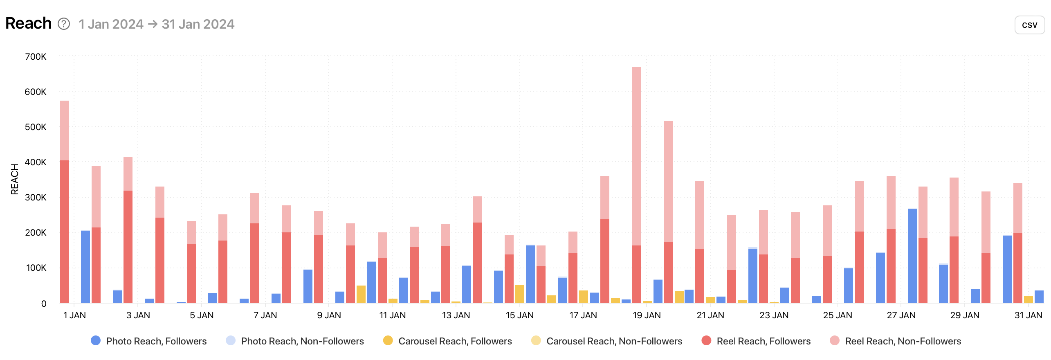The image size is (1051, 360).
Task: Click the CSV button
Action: (1029, 25)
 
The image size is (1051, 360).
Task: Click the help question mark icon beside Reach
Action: (64, 24)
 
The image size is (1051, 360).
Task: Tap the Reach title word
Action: (28, 23)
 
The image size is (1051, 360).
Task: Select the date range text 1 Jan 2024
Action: (111, 24)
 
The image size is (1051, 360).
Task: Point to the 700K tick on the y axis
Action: (36, 56)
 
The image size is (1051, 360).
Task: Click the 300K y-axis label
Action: (36, 197)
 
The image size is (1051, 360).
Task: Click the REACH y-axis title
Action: (15, 179)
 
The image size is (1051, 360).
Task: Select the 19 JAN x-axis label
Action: (647, 315)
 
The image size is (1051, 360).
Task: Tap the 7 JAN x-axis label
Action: (265, 315)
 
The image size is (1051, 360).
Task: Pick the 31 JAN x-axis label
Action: (1028, 315)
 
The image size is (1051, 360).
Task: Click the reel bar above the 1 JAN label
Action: (64, 205)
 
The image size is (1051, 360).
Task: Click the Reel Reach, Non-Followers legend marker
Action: (835, 340)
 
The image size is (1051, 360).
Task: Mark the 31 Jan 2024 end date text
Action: (198, 24)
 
